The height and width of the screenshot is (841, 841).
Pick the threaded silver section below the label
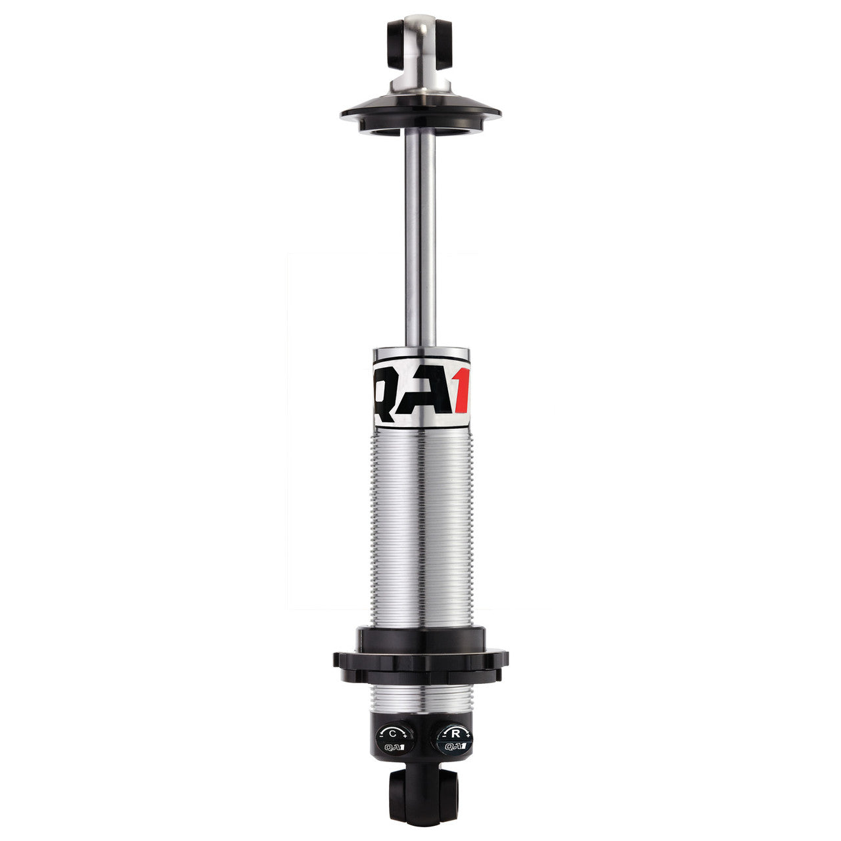(x=420, y=526)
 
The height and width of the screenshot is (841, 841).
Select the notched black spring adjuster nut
(x=420, y=657)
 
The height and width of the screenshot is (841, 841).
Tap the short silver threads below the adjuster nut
(x=420, y=696)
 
